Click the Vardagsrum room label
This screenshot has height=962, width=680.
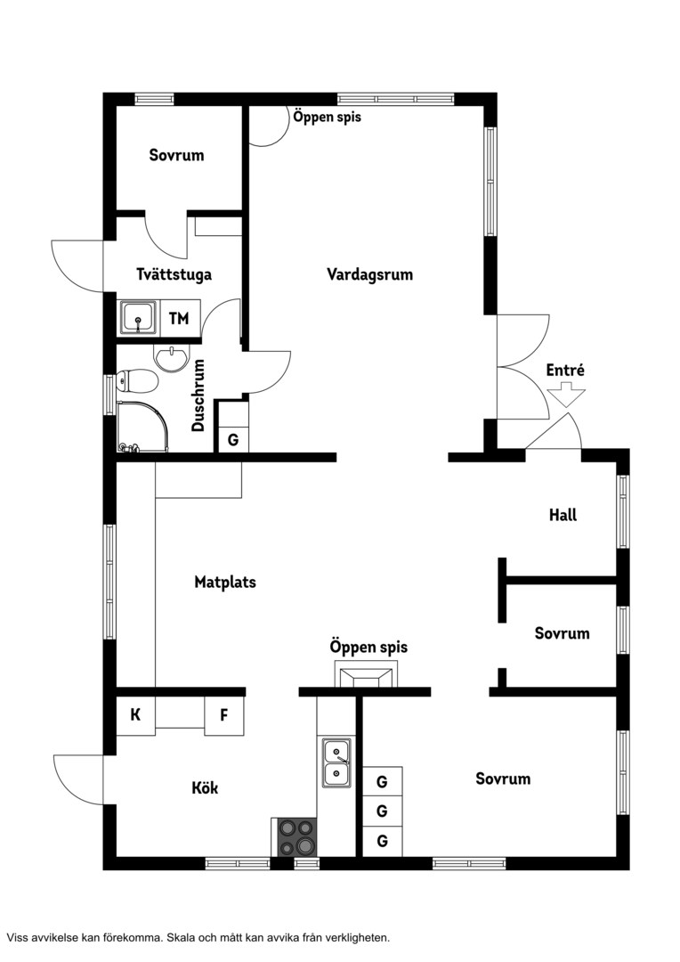click(x=369, y=274)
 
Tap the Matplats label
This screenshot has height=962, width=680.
click(x=225, y=583)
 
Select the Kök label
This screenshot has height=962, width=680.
click(x=205, y=787)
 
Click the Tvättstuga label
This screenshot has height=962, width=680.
click(x=174, y=273)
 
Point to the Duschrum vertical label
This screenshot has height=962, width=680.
click(x=198, y=395)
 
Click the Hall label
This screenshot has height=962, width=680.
click(x=563, y=515)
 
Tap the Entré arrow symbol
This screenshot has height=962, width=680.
click(x=566, y=395)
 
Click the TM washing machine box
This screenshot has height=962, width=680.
click(x=179, y=318)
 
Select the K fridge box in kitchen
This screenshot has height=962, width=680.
click(x=135, y=715)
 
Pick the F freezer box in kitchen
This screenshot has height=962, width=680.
click(x=223, y=715)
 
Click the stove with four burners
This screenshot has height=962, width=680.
click(x=295, y=836)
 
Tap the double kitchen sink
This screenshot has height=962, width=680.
click(x=337, y=762)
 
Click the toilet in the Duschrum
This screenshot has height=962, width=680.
click(x=137, y=381)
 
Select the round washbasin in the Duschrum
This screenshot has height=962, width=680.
click(x=173, y=358)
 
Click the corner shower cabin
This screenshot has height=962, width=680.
click(x=142, y=427)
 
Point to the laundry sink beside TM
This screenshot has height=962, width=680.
click(x=139, y=318)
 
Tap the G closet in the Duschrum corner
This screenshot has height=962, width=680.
click(x=233, y=440)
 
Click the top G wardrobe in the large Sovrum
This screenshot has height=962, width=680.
click(x=382, y=781)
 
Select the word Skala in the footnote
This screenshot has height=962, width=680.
click(x=182, y=937)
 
